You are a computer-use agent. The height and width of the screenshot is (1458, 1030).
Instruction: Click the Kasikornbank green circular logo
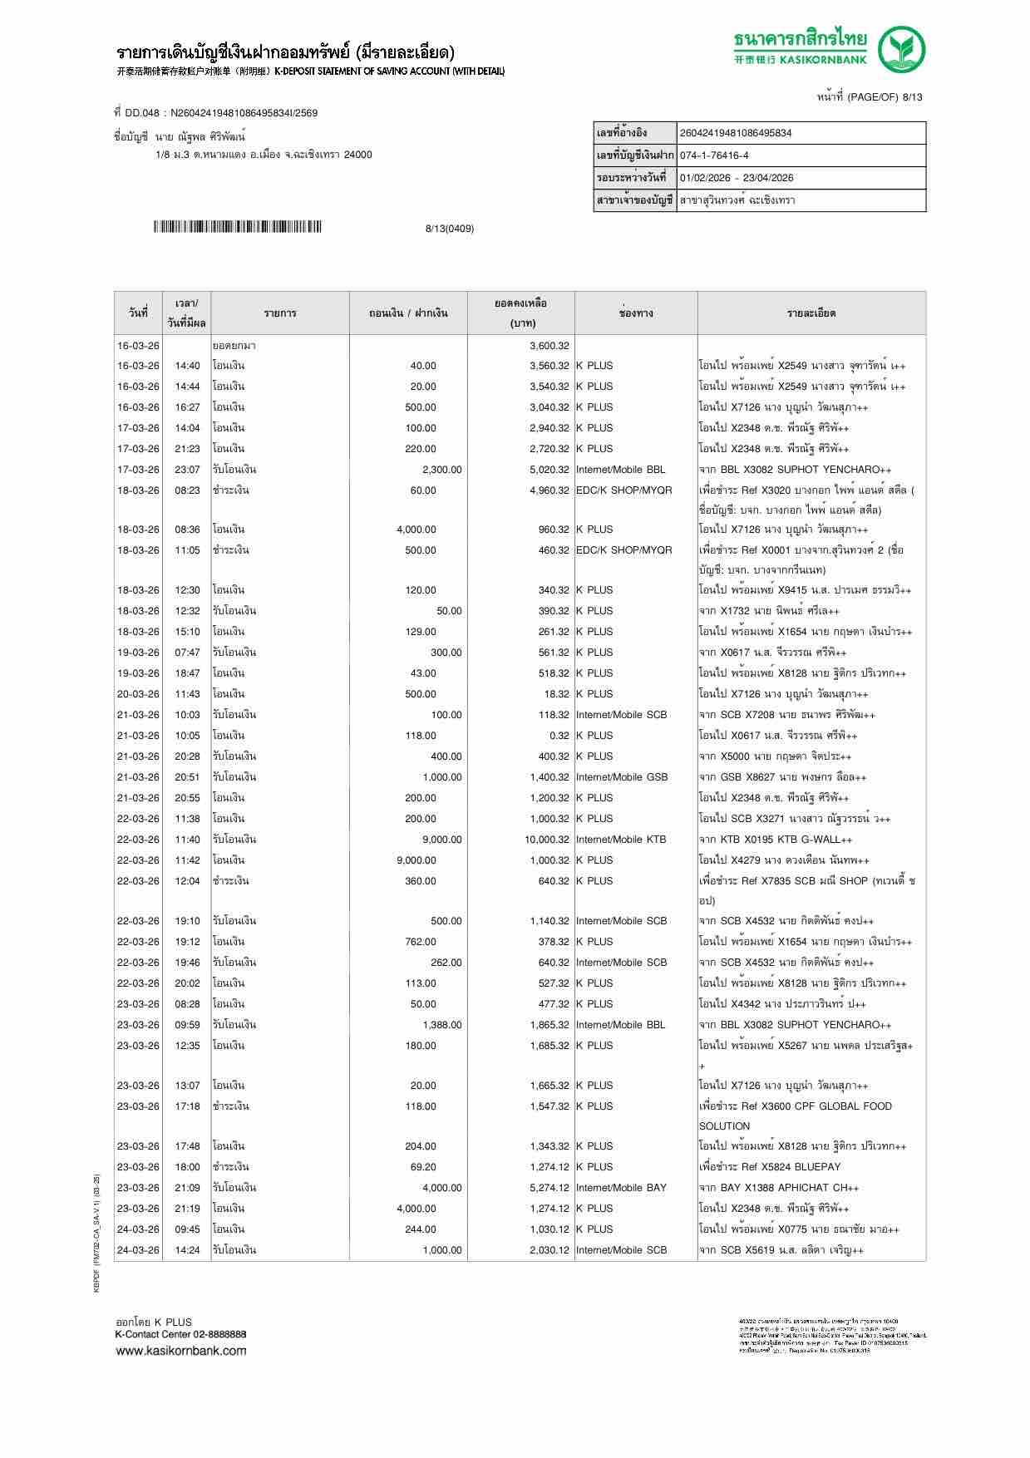(902, 49)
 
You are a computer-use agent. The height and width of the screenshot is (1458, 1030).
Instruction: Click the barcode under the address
(237, 227)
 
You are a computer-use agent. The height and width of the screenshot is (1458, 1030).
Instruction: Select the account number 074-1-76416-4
(713, 155)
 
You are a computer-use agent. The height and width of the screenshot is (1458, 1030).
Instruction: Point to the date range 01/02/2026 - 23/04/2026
(736, 178)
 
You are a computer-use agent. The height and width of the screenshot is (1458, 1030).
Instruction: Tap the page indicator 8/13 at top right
(912, 97)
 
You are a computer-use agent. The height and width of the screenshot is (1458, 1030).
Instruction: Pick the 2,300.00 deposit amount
(441, 470)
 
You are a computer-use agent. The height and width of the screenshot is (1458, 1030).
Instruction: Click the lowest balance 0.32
(559, 736)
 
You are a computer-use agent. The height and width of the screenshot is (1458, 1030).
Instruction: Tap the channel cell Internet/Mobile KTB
(621, 840)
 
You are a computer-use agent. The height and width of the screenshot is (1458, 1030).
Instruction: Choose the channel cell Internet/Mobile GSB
(621, 777)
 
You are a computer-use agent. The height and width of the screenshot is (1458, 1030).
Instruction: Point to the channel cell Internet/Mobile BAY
(621, 1188)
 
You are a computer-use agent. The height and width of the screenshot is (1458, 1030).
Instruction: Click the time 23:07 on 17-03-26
(187, 470)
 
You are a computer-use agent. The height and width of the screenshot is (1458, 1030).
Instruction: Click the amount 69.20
(423, 1167)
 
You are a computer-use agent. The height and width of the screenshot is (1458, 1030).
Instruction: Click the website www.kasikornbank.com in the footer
(180, 1351)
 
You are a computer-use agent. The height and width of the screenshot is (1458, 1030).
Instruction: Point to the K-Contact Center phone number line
(180, 1334)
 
